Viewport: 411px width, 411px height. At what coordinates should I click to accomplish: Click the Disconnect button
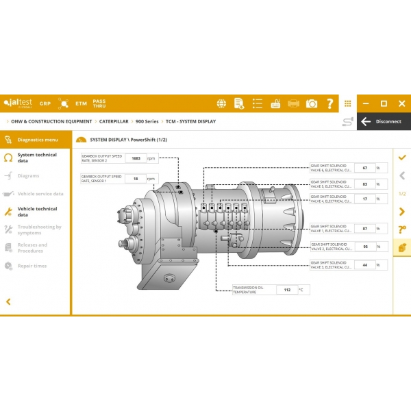point(382,121)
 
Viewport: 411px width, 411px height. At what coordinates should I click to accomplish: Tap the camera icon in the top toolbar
point(312,103)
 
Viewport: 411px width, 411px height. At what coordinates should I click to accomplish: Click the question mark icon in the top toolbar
point(330,103)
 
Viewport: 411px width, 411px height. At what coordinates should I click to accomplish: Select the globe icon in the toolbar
point(221,103)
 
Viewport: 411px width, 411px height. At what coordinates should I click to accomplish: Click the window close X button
point(401,103)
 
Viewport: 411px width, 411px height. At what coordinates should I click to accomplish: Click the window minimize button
point(366,103)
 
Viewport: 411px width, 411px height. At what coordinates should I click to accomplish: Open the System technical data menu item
point(37,158)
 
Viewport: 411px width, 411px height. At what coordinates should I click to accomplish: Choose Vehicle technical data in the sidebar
point(37,212)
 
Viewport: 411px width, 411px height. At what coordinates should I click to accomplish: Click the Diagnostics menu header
point(37,139)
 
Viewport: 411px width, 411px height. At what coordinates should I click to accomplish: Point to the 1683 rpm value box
point(136,158)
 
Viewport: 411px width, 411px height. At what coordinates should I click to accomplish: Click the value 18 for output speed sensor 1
point(136,179)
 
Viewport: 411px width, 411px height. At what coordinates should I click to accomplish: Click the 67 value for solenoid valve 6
point(364,168)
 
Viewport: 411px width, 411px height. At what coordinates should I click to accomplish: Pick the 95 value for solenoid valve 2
point(364,246)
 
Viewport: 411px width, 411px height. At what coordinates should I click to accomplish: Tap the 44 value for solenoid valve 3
point(364,264)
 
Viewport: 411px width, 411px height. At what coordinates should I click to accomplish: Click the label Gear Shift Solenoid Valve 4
point(332,199)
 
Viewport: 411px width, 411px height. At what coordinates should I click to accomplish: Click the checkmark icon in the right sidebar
point(402,158)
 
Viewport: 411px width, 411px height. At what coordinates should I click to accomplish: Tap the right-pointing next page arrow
point(402,211)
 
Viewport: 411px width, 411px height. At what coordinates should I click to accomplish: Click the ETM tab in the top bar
point(82,103)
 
